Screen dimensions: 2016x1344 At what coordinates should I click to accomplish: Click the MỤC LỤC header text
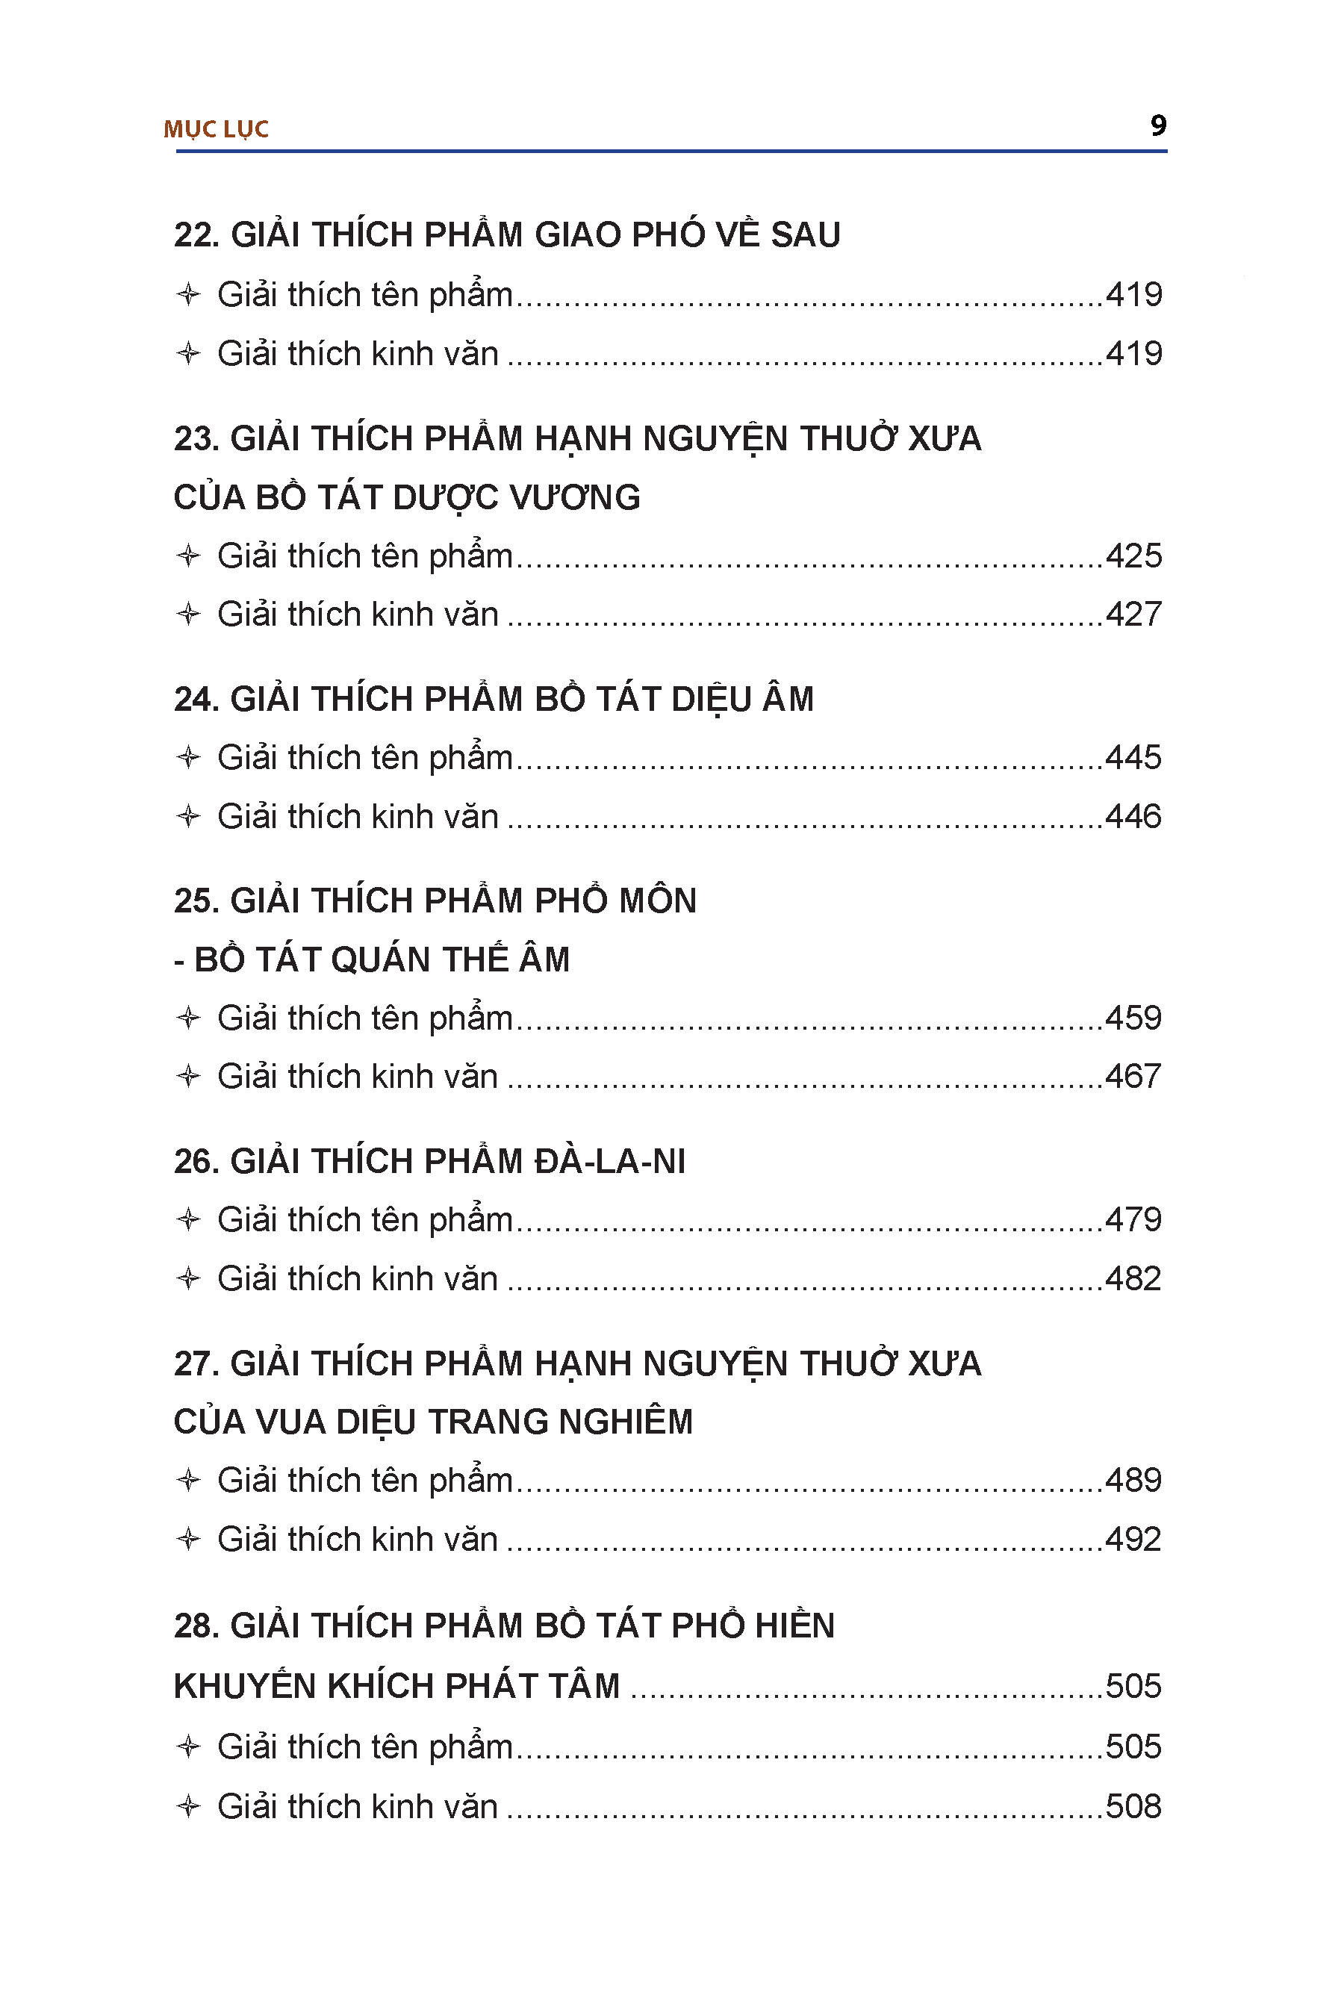[x=216, y=129]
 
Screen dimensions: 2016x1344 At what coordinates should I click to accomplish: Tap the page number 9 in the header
[x=1158, y=126]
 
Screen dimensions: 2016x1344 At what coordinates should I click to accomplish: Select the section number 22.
[x=196, y=236]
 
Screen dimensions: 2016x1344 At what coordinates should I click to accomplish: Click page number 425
[x=1133, y=556]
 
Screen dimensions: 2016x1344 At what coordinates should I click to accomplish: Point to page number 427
[x=1133, y=615]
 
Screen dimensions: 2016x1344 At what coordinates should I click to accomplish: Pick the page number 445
[x=1133, y=758]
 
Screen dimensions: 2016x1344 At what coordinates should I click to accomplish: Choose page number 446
[x=1133, y=817]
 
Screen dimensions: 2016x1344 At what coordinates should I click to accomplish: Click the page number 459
[x=1133, y=1018]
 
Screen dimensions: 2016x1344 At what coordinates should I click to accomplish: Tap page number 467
[x=1133, y=1077]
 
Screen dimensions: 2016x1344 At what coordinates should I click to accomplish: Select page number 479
[x=1133, y=1220]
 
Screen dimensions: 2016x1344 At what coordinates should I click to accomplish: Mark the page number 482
[x=1133, y=1279]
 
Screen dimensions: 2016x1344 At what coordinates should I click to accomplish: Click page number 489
[x=1133, y=1481]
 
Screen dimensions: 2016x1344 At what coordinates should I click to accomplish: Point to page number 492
[x=1133, y=1540]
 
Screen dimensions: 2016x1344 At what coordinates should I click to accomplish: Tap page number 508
[x=1133, y=1807]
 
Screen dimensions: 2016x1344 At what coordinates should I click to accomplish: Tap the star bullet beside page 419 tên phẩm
[x=187, y=295]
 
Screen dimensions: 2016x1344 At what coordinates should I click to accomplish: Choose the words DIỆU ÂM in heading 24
[x=742, y=700]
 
